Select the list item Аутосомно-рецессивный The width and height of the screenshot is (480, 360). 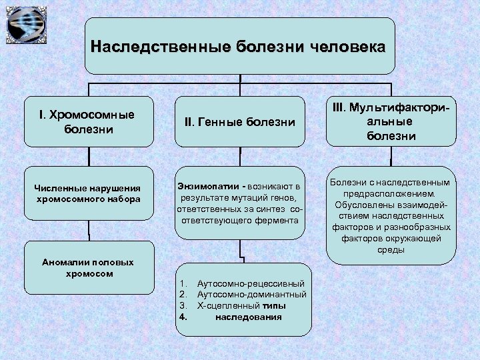[x=251, y=284]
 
